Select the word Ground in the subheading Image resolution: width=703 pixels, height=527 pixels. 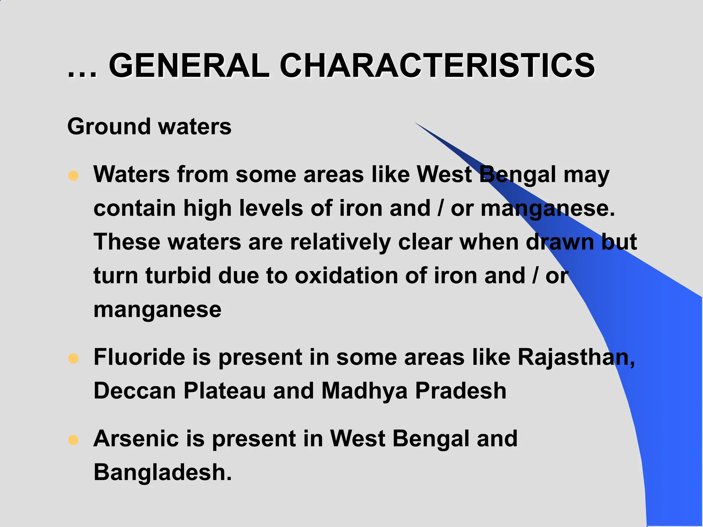(109, 127)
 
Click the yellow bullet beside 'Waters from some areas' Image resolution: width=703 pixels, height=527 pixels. (73, 176)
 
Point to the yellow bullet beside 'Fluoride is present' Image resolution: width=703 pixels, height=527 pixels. (73, 359)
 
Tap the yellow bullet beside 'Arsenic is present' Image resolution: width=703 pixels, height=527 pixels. (73, 440)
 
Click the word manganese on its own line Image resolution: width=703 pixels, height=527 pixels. (158, 310)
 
